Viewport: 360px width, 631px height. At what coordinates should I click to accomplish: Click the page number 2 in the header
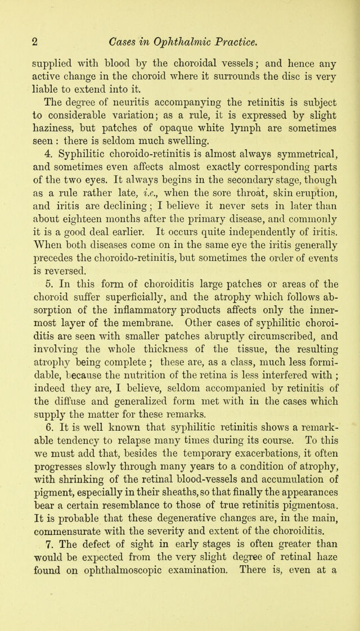click(34, 41)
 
